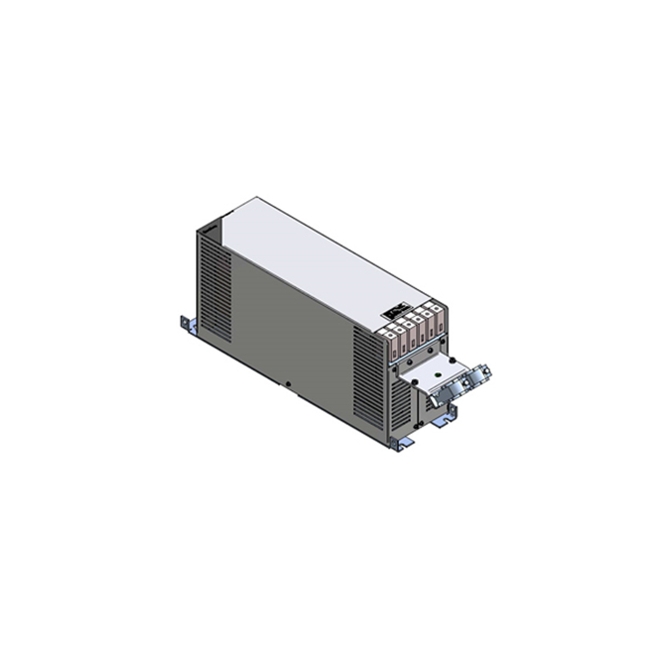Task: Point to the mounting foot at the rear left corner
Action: click(187, 324)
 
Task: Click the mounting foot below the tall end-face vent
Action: click(401, 444)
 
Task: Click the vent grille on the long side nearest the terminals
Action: click(368, 376)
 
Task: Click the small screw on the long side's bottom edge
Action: click(288, 384)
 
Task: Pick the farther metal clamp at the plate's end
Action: click(480, 374)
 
